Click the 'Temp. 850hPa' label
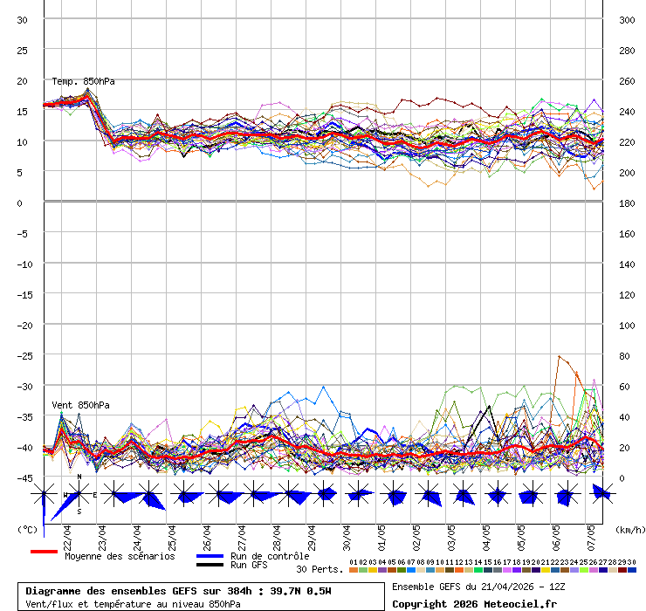pyautogui.click(x=83, y=81)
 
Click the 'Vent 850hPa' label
pyautogui.click(x=74, y=405)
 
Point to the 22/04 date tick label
pyautogui.click(x=68, y=532)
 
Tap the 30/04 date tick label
pyautogui.click(x=347, y=532)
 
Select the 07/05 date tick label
pyautogui.click(x=591, y=532)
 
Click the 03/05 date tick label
pyautogui.click(x=451, y=532)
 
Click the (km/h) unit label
pyautogui.click(x=629, y=529)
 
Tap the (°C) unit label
pyautogui.click(x=27, y=529)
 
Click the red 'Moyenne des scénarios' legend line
pyautogui.click(x=44, y=552)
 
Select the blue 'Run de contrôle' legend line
pyautogui.click(x=210, y=556)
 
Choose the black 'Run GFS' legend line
pyautogui.click(x=210, y=565)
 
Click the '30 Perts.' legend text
pyautogui.click(x=320, y=569)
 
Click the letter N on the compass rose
pyautogui.click(x=79, y=477)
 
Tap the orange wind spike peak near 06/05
pyautogui.click(x=559, y=356)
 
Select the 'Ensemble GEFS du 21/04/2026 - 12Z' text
pyautogui.click(x=478, y=586)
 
